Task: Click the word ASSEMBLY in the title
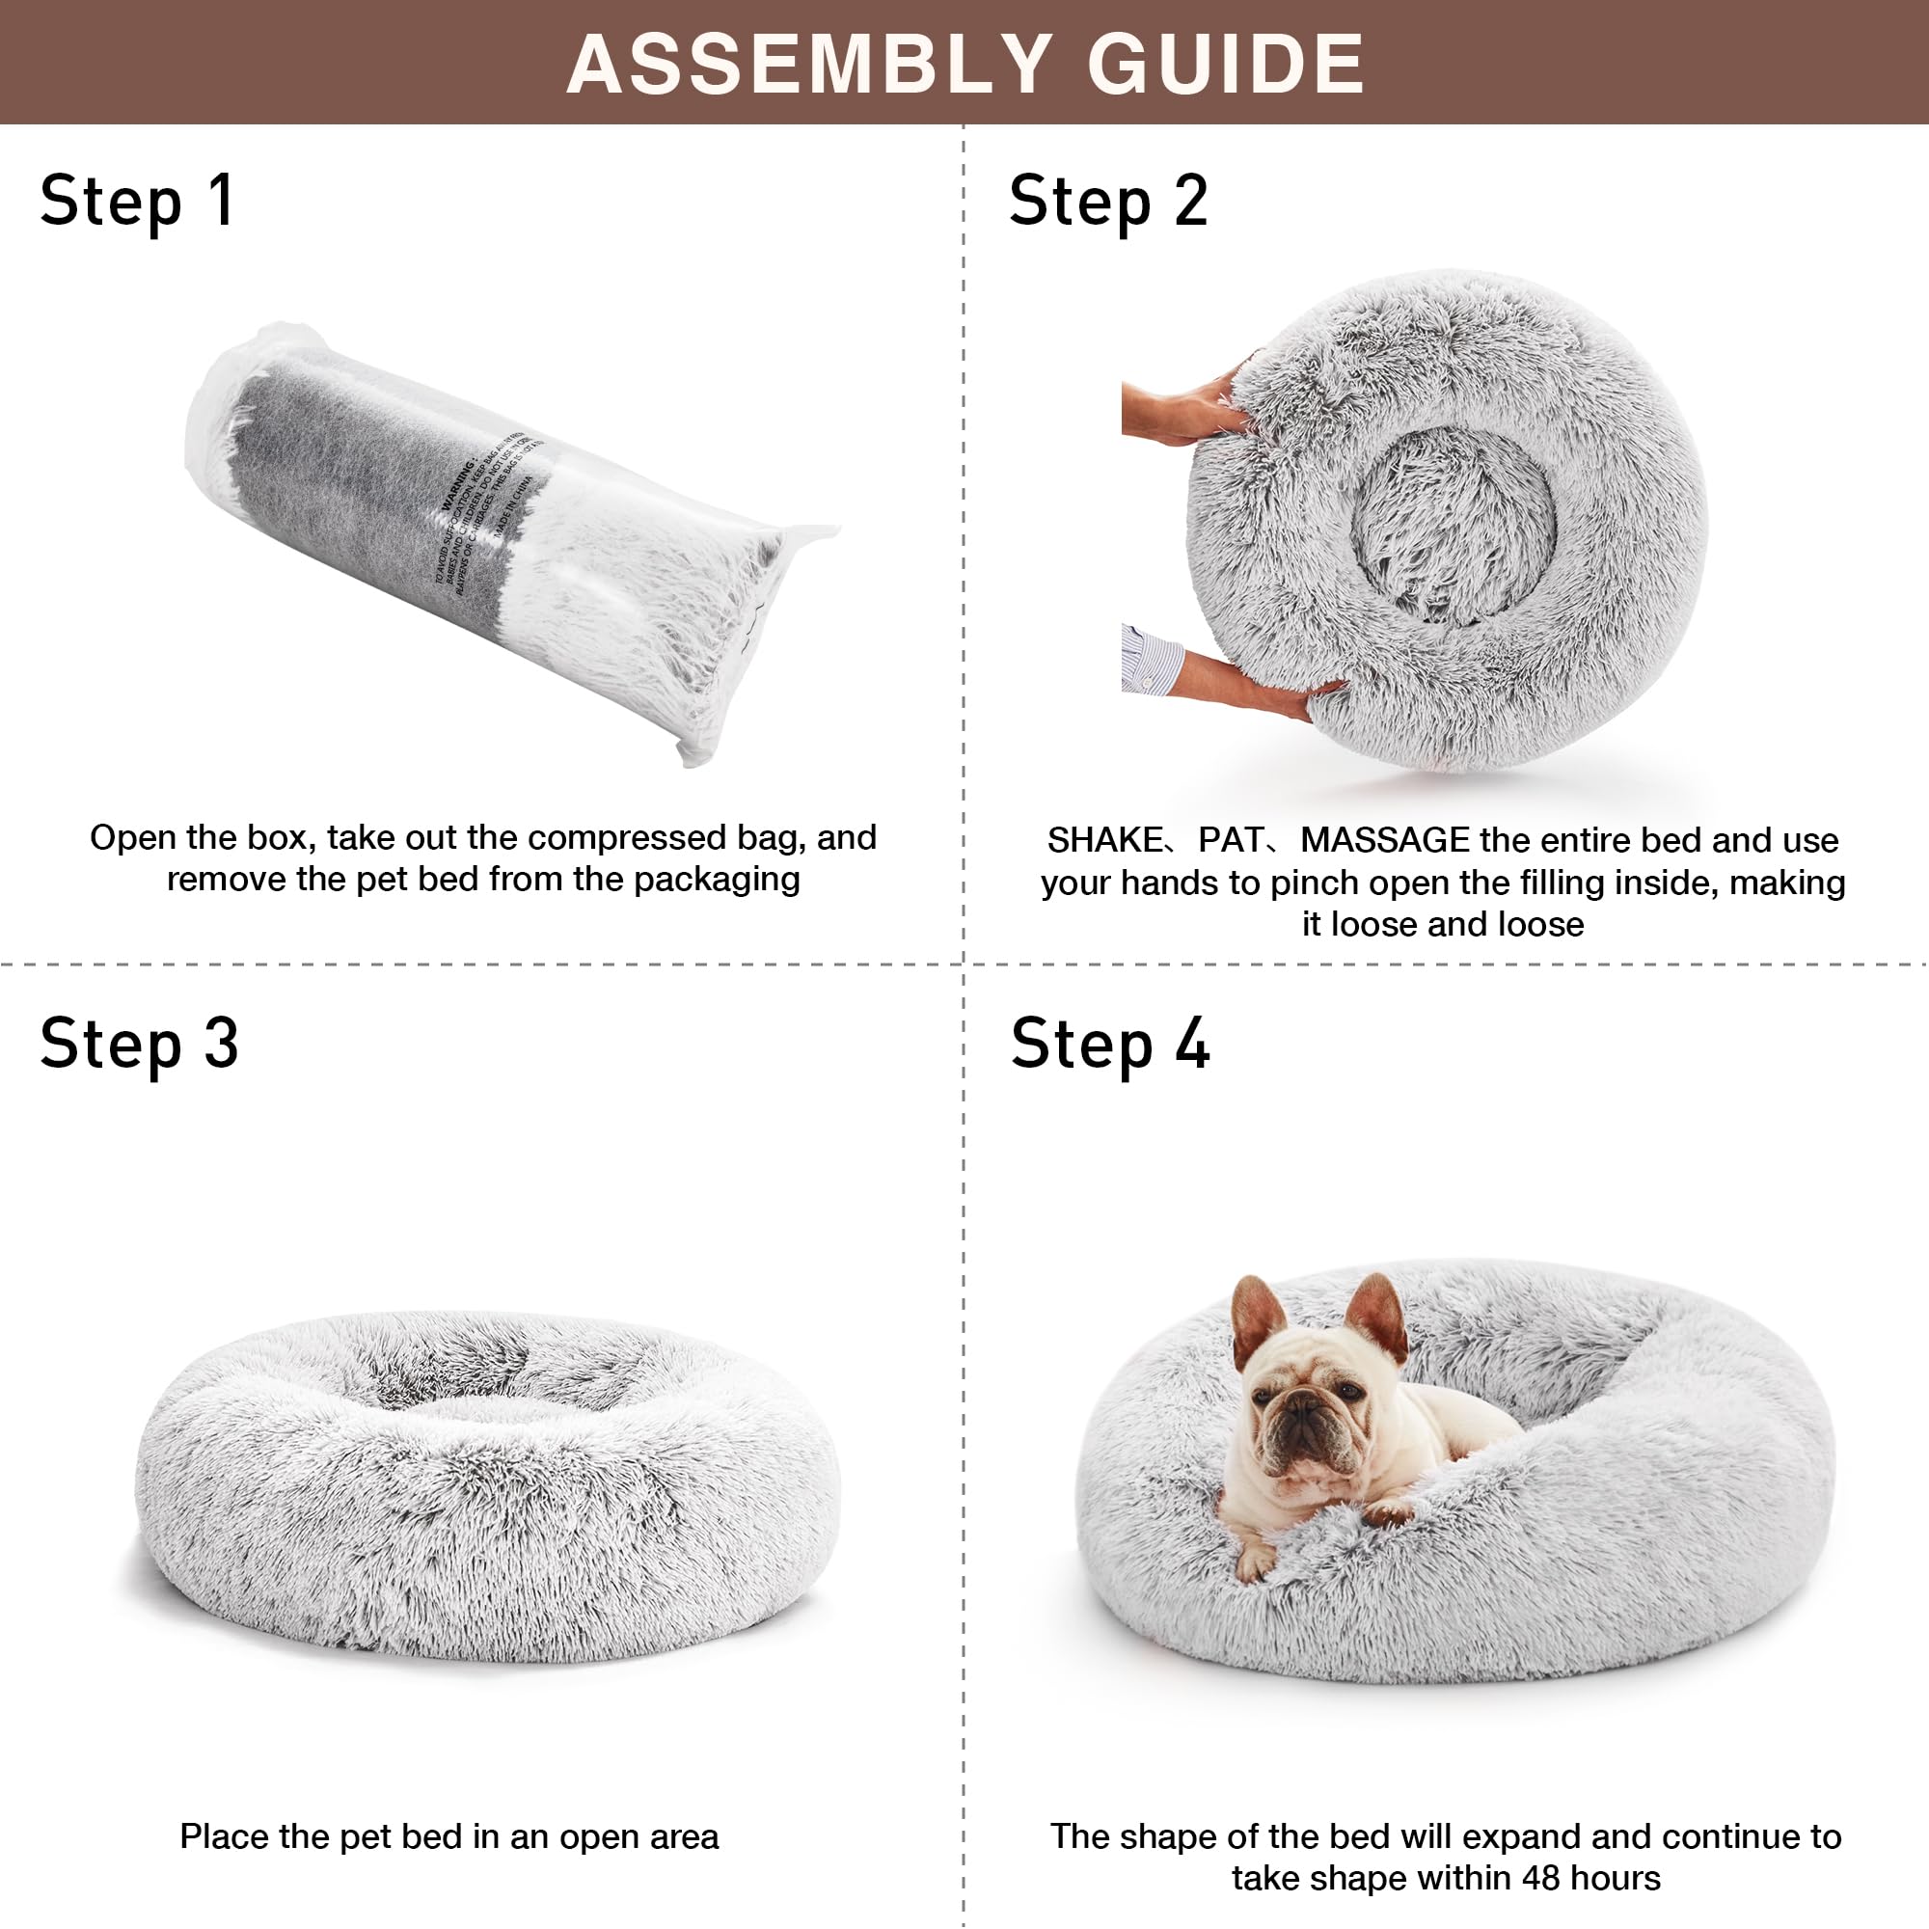click(809, 65)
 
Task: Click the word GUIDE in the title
click(1226, 65)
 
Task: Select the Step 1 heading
click(137, 202)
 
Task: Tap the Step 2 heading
click(1108, 202)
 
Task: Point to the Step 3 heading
click(139, 1045)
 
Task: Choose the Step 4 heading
click(1109, 1045)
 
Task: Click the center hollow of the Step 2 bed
click(1453, 527)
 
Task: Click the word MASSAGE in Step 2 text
click(1385, 841)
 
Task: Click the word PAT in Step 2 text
click(1230, 841)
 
